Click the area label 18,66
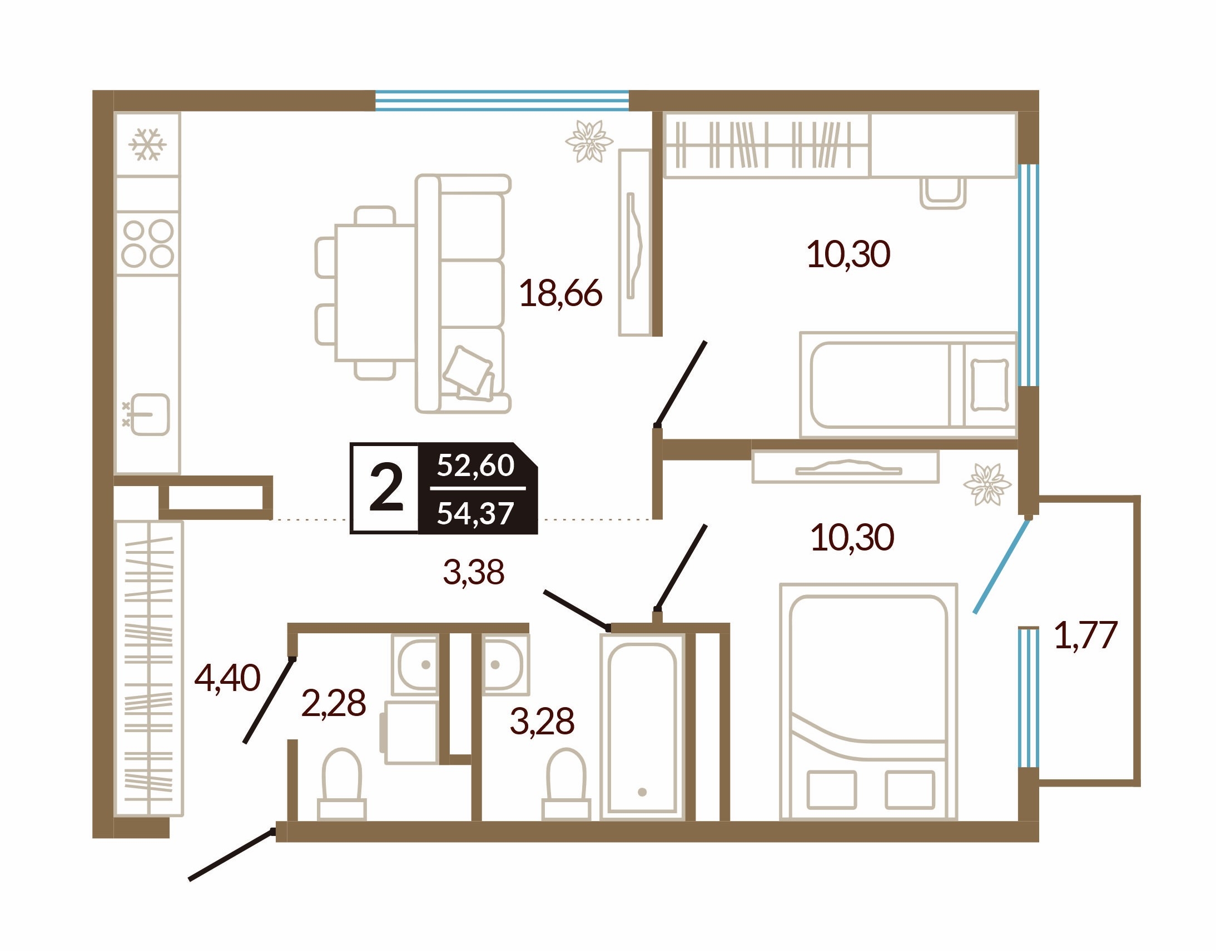click(560, 293)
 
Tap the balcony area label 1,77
click(1085, 635)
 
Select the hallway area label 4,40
click(227, 678)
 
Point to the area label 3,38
click(474, 572)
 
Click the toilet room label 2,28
click(333, 703)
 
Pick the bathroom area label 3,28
click(542, 721)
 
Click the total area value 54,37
click(475, 513)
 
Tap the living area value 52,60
click(475, 465)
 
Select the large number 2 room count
click(386, 488)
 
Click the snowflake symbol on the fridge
click(147, 145)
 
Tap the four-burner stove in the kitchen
click(148, 243)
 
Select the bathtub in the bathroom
click(642, 727)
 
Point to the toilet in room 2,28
click(341, 784)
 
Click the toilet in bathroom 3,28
click(566, 784)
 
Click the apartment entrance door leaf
click(231, 855)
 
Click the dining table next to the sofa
click(375, 293)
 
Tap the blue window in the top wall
click(502, 101)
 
